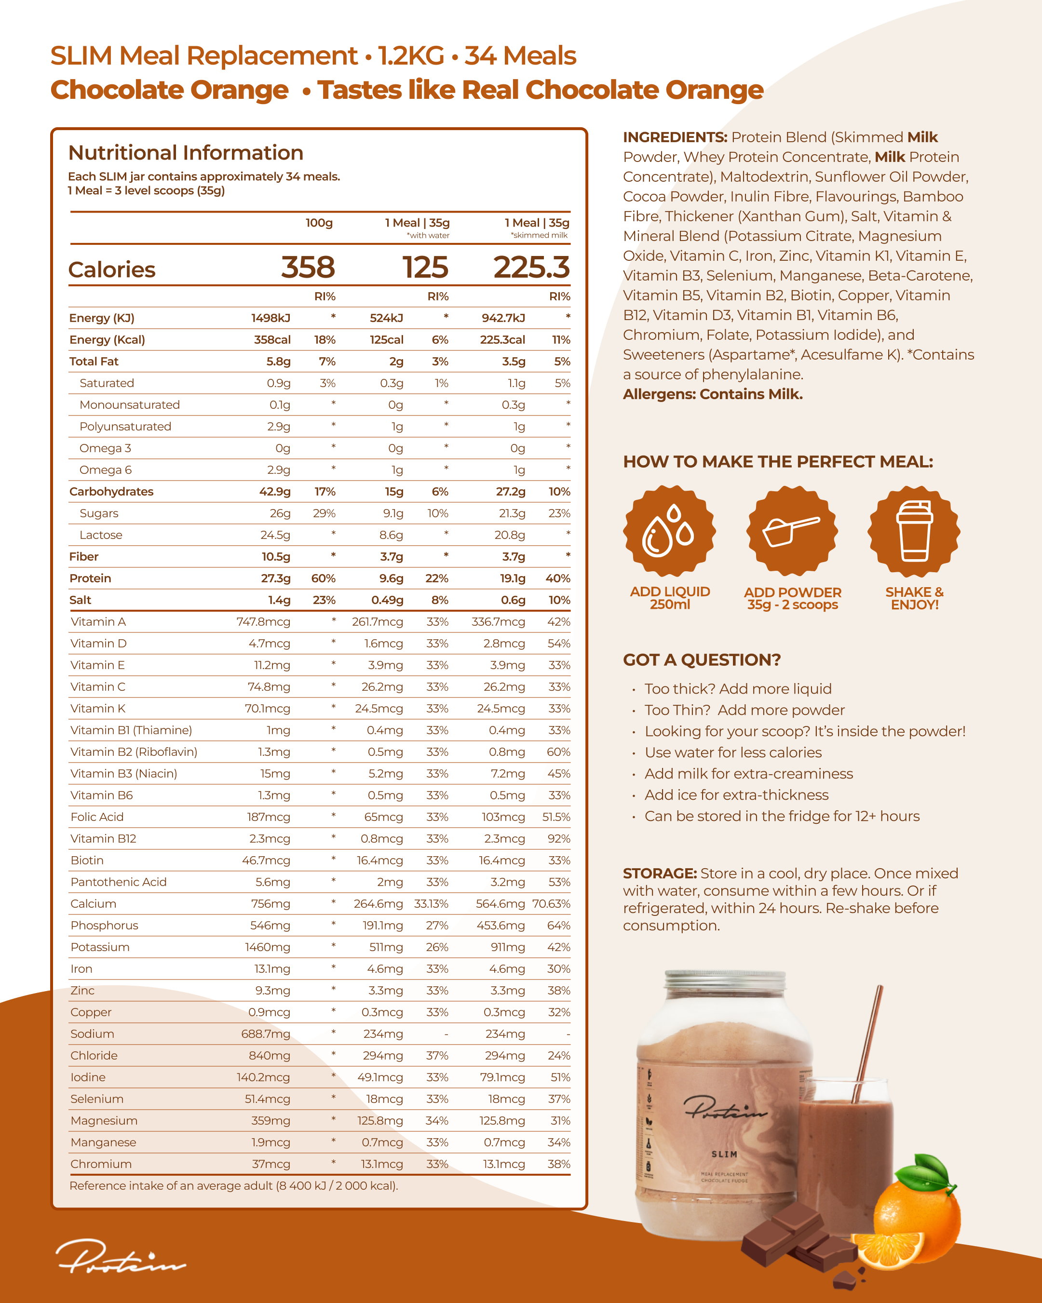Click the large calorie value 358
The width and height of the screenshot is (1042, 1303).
[x=308, y=267]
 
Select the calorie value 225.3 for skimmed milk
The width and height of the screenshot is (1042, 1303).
[x=531, y=267]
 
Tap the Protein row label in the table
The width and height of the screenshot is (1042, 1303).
[x=90, y=578]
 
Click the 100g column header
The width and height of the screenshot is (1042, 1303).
[x=319, y=223]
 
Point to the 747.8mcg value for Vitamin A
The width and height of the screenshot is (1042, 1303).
[x=264, y=622]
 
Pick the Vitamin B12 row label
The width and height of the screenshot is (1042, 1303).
[x=103, y=839]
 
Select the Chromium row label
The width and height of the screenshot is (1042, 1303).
[x=101, y=1164]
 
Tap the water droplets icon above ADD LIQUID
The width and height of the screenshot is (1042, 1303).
[x=669, y=531]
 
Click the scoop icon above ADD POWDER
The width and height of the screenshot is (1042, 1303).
[x=792, y=531]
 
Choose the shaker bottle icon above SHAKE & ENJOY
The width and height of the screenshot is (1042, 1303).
[x=914, y=531]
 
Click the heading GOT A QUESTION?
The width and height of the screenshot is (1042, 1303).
[x=702, y=660]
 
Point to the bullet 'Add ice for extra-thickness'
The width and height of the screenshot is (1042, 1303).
[x=736, y=795]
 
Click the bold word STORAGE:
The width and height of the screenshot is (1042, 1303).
[x=660, y=873]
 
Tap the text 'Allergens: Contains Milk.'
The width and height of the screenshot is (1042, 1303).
[x=713, y=395]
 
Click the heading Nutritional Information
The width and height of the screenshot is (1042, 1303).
[x=186, y=153]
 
